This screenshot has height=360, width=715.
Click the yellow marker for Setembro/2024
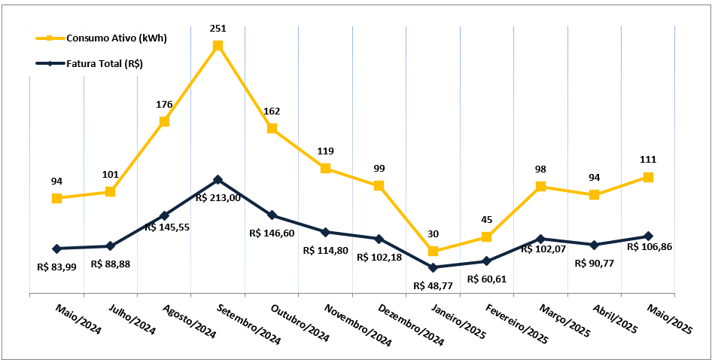[218, 46]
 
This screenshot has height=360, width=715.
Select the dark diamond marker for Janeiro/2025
[433, 267]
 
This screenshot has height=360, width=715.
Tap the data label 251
[218, 29]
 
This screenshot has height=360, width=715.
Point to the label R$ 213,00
[218, 197]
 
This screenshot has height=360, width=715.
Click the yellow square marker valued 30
[433, 251]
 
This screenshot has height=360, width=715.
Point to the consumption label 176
[164, 105]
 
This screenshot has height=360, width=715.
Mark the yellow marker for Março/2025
[540, 186]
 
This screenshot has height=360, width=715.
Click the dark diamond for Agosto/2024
[164, 215]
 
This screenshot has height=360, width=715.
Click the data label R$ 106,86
[650, 246]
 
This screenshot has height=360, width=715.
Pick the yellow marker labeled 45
[486, 237]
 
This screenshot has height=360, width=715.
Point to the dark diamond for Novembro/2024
[325, 232]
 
